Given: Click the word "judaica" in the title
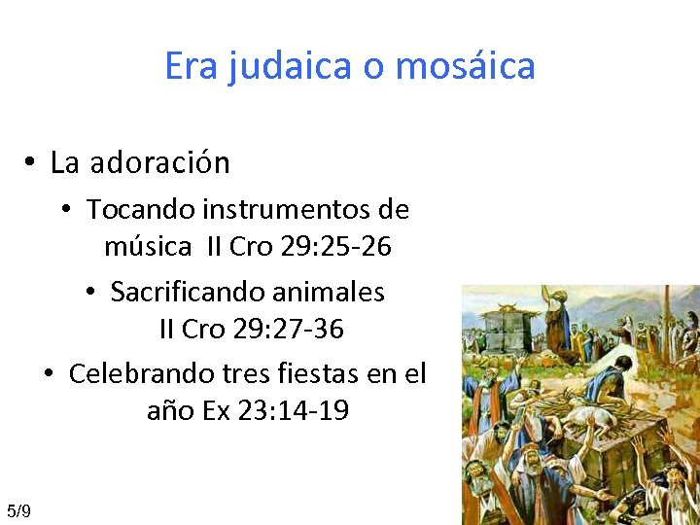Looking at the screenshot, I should [x=276, y=66].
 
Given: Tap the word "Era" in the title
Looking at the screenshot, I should [x=191, y=66].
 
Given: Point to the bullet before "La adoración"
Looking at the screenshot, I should [x=32, y=163].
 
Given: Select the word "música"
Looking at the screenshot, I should [x=148, y=247].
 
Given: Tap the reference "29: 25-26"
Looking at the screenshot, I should [x=335, y=247].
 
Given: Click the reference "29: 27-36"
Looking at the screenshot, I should [x=288, y=330].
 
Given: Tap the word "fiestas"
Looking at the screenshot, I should [x=327, y=373].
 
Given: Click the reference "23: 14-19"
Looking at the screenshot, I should [x=289, y=411].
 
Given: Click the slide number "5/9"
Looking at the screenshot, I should [x=18, y=511].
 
